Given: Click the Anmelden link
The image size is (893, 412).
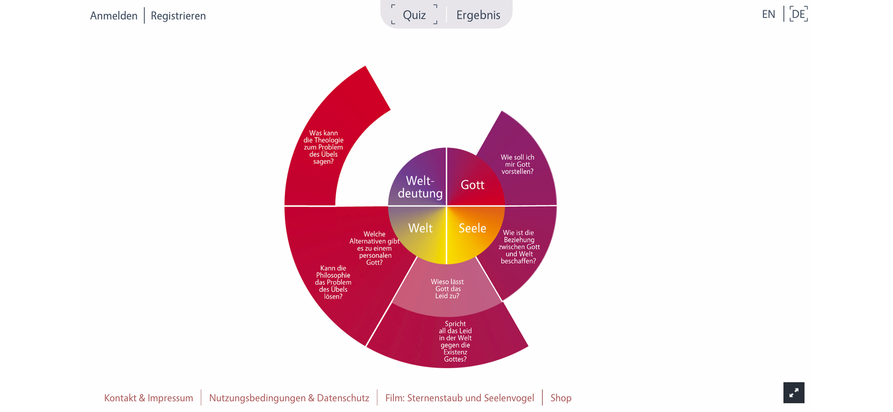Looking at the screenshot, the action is coord(114,16).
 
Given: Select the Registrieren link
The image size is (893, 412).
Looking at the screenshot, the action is coord(178,16).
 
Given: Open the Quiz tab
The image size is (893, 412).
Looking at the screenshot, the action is coord(414,15).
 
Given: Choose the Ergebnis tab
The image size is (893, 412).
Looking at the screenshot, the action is coord(478,15).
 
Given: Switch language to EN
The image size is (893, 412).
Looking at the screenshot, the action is coord(768,14).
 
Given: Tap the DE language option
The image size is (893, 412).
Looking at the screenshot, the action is coord(798,14).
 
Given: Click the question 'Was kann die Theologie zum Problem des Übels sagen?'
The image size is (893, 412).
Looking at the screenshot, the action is coord(324,147).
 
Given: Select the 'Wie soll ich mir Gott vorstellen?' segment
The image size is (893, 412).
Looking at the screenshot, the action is coord(517,165).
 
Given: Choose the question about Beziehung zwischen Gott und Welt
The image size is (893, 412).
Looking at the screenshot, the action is coord(519,247).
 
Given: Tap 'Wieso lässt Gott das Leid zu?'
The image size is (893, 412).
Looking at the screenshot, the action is coord(447,289).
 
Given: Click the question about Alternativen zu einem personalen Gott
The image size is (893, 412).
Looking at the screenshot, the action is coord(374,248).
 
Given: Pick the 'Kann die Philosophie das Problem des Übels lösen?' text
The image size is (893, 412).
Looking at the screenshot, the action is coord(333,282).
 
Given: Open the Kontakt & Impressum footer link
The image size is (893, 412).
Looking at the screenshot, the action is coord(149,398).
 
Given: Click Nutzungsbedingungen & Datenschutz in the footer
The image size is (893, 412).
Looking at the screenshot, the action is coord(289,398).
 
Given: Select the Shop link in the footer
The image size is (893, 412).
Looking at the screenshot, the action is coord(561,398).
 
